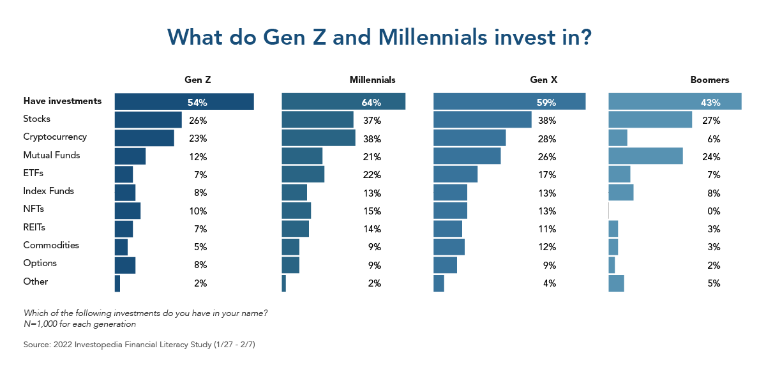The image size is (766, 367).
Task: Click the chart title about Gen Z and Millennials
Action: click(380, 37)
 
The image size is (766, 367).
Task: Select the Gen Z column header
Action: click(197, 80)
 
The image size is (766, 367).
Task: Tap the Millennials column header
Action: click(372, 80)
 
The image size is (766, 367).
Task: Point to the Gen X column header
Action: click(543, 80)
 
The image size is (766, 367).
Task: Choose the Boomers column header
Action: click(709, 80)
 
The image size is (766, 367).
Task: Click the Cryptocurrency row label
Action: click(55, 137)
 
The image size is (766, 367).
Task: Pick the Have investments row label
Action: click(62, 101)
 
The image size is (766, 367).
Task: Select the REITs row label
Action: click(34, 227)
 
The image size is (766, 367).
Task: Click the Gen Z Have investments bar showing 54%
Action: click(184, 101)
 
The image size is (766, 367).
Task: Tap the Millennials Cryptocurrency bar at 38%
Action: click(318, 138)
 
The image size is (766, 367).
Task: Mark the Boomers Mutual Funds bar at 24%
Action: click(645, 156)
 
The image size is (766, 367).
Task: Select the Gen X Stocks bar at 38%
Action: click(482, 120)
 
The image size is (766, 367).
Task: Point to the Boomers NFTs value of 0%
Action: click(713, 211)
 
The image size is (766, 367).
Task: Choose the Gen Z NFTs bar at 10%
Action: click(128, 211)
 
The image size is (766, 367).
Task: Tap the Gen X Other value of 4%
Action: click(548, 283)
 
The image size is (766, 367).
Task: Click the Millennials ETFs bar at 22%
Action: click(303, 174)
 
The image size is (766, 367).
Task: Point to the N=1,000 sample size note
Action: click(79, 324)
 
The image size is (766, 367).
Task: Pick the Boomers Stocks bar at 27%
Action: click(650, 120)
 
